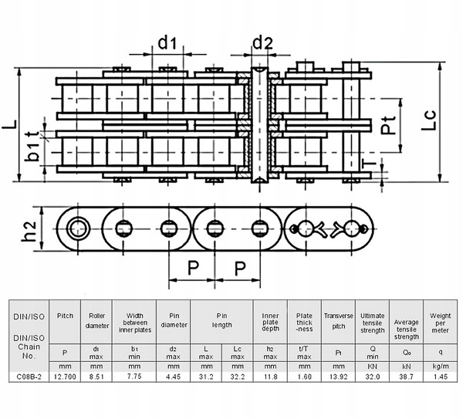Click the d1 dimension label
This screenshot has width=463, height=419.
click(167, 43)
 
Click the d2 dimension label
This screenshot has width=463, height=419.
click(262, 43)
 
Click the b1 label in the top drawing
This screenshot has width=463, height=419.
click(31, 151)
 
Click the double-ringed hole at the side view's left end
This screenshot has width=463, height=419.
click(78, 228)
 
